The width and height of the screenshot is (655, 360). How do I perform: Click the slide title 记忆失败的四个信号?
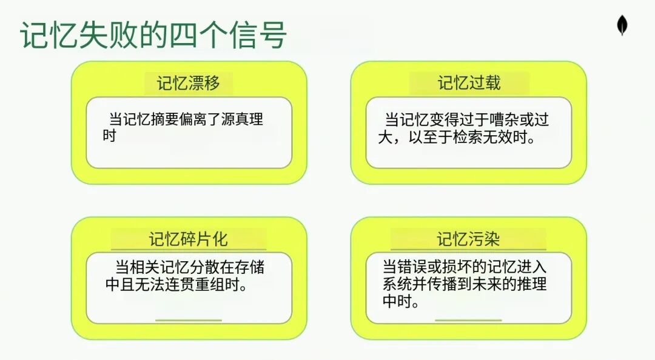tap(153, 35)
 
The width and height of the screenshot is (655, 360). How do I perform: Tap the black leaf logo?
tap(622, 25)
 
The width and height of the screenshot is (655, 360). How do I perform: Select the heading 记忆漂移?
tap(189, 83)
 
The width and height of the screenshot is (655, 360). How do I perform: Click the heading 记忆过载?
tap(469, 83)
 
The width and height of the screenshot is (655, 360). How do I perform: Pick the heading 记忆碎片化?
tap(189, 239)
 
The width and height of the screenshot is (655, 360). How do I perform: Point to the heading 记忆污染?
tap(469, 239)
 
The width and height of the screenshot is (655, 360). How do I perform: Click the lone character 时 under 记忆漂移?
tap(109, 136)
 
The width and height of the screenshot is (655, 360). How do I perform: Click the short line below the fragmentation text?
tap(189, 319)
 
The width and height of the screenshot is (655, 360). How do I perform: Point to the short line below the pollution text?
tap(468, 319)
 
